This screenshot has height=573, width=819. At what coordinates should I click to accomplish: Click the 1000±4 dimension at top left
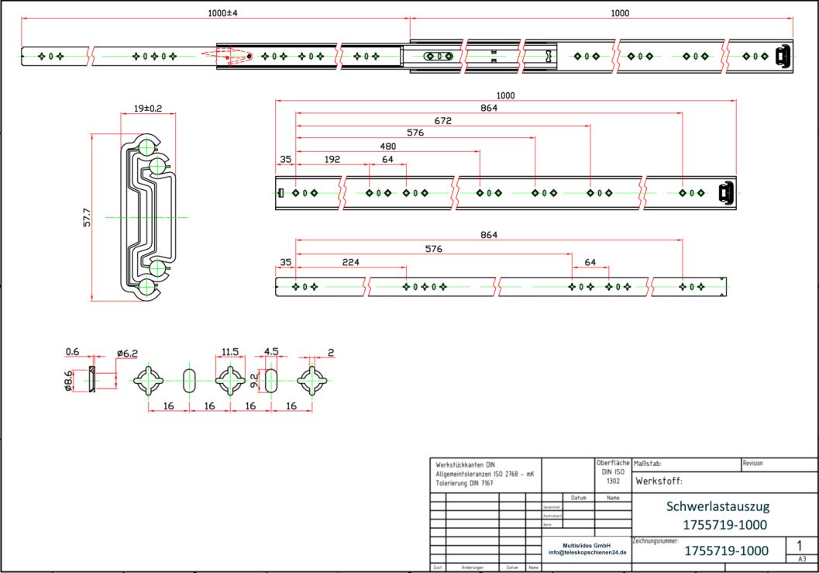coord(222,13)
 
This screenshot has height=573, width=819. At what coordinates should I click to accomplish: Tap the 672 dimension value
coord(443,120)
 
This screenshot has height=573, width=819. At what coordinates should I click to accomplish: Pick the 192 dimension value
coord(332,160)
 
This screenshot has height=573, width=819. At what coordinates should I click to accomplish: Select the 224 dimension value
coord(351,263)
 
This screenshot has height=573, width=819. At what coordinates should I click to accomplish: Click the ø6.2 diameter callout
coord(127,354)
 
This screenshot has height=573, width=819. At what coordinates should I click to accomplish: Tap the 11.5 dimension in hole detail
coord(230,352)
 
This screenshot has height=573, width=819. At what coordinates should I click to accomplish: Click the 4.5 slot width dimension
coord(271,351)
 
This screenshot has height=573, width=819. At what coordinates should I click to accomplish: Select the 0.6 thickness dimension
coord(72,352)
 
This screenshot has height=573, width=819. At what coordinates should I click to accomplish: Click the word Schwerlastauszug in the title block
coord(718,506)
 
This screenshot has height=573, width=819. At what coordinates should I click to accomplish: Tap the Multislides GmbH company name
coord(587,545)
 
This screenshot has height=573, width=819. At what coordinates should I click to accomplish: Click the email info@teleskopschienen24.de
coord(587,553)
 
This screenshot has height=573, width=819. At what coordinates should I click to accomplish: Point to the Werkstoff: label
coord(659,482)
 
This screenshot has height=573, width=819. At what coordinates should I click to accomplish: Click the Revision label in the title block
coord(752,463)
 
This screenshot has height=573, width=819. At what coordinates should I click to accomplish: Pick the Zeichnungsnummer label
coord(656,539)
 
